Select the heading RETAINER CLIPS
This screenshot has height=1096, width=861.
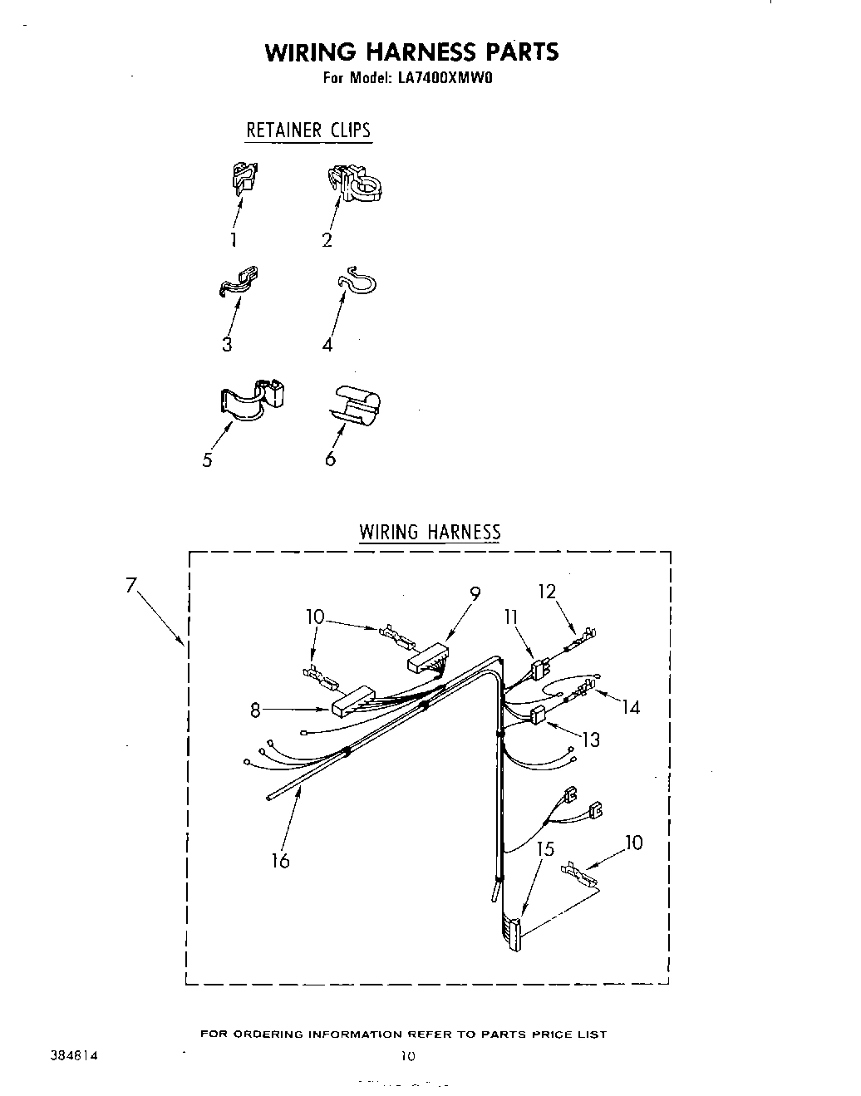point(307,130)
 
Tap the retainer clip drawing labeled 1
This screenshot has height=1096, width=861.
point(244,179)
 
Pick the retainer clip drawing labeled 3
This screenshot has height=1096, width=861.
point(239,281)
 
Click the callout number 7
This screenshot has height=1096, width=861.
point(130,585)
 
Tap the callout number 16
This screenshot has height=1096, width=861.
point(280,861)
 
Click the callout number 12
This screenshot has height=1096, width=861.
point(546,592)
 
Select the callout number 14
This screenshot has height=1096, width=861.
point(631,707)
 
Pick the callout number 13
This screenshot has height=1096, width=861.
point(591,740)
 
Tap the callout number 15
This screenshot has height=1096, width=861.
point(545,849)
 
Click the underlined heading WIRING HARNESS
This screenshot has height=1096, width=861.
point(430,532)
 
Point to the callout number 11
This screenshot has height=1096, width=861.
point(510,616)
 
